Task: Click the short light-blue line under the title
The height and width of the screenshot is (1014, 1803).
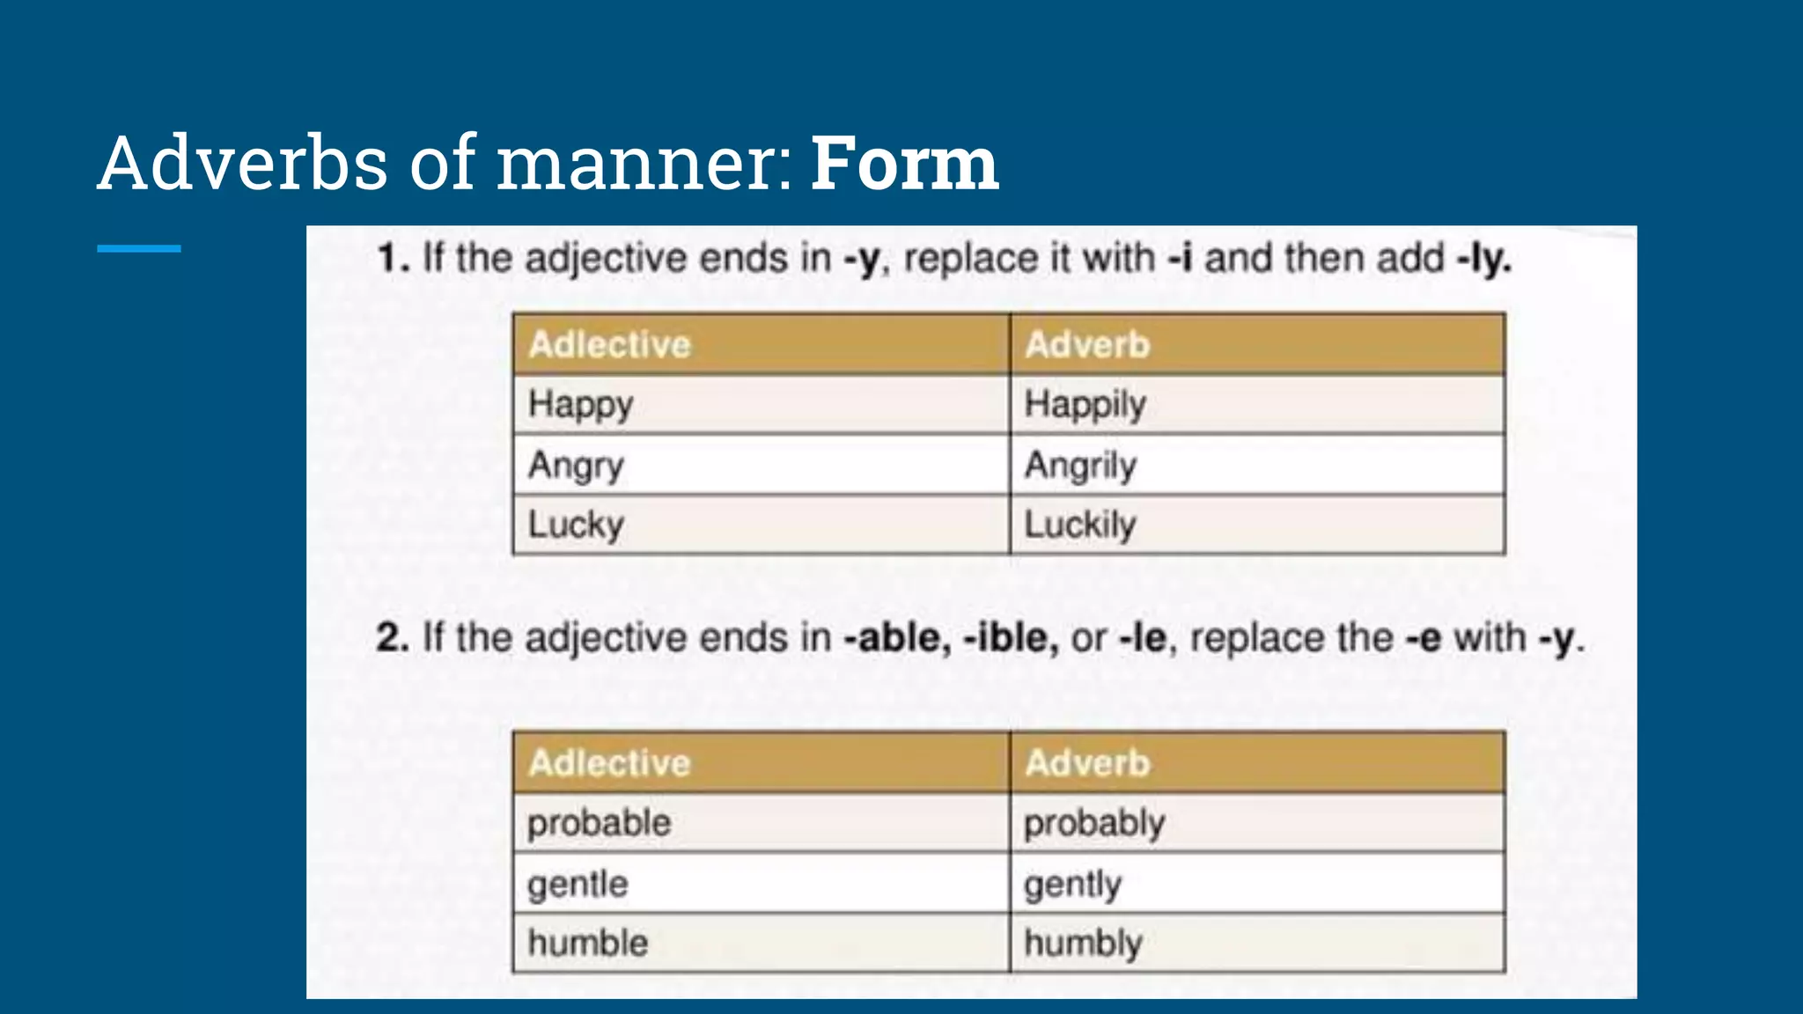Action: click(139, 249)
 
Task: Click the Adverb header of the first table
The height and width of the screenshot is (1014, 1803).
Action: click(1088, 344)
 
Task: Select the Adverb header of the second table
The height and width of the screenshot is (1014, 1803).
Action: click(1088, 762)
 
